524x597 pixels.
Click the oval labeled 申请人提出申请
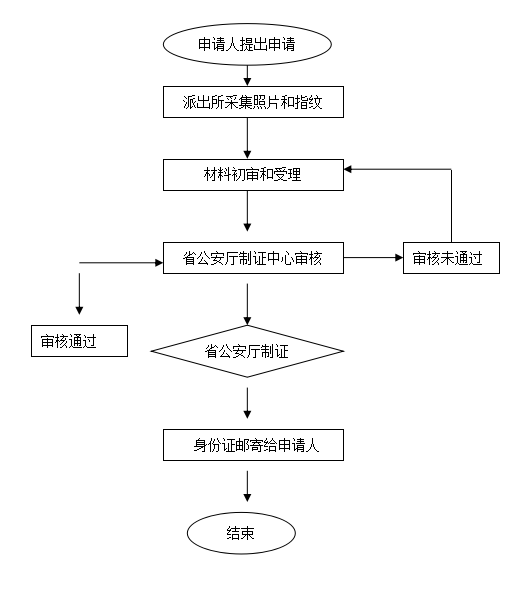247,44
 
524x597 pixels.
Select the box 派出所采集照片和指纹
253,102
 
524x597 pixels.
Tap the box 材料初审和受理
253,175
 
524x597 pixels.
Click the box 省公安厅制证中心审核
253,258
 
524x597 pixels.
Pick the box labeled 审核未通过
451,258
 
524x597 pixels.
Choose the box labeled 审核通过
79,341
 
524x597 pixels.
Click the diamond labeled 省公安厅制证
247,351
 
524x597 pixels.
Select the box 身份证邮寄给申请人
253,445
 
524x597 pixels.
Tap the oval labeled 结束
241,533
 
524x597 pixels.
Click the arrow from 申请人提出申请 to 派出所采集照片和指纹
247,76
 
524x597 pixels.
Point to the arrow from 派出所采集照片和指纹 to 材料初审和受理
247,138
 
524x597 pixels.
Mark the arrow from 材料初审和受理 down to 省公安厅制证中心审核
247,211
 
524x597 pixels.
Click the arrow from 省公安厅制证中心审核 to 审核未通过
373,258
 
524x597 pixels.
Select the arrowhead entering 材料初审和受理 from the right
348,169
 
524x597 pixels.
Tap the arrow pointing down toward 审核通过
79,294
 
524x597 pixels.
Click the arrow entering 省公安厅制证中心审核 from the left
121,263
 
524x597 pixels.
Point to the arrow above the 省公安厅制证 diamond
247,304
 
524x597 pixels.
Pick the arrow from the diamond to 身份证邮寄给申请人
247,403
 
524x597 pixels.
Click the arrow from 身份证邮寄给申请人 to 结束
247,486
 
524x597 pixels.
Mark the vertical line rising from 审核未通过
451,206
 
